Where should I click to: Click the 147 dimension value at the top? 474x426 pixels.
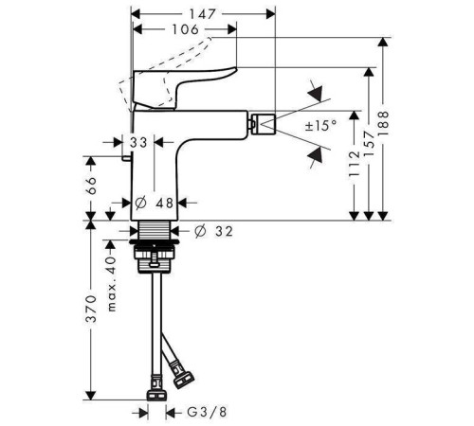click(x=203, y=14)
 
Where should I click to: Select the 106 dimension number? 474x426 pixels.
click(x=186, y=29)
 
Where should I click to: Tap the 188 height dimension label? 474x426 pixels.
click(x=383, y=123)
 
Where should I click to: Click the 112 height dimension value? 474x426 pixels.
click(x=355, y=164)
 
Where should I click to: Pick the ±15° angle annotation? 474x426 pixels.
click(x=320, y=126)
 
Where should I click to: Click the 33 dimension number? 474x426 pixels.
click(x=138, y=143)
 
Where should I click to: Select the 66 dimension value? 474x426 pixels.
click(x=91, y=186)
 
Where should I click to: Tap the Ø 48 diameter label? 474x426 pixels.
click(x=155, y=203)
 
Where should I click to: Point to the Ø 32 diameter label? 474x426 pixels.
click(x=213, y=231)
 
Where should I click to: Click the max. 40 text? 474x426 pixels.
click(x=112, y=283)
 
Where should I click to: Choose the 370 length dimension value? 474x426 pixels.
click(x=91, y=310)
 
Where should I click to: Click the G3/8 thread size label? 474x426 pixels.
click(x=207, y=412)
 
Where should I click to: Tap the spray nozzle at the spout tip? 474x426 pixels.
click(x=263, y=123)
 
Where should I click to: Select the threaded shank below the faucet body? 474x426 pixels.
click(x=155, y=230)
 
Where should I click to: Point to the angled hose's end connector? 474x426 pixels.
click(x=183, y=376)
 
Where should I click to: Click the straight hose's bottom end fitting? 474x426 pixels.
click(x=156, y=389)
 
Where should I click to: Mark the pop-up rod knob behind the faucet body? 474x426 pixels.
click(x=126, y=158)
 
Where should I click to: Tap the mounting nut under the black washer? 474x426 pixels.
click(x=155, y=258)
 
